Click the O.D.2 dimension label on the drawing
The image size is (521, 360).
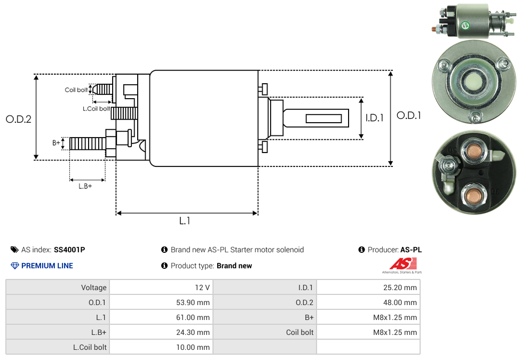[x=19, y=119]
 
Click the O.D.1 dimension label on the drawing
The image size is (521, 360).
[x=408, y=115]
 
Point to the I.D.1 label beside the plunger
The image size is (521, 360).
[x=374, y=118]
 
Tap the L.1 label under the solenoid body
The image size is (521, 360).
[x=185, y=220]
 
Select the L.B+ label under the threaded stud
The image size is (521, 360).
[x=85, y=186]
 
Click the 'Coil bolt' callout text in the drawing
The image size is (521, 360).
[x=76, y=90]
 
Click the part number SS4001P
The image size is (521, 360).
[x=69, y=250]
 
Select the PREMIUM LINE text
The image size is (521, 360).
[x=47, y=266]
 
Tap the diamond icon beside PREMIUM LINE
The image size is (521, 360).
[x=15, y=266]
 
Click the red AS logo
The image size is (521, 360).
[x=403, y=263]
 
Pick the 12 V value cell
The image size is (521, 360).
[x=202, y=287]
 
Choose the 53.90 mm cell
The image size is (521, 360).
[x=193, y=302]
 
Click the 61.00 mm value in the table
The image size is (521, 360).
[x=193, y=317]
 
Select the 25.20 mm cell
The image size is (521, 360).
[x=400, y=287]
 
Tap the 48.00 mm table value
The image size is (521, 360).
[x=400, y=302]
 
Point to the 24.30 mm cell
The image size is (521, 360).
[x=193, y=332]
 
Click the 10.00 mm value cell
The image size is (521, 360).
[x=193, y=347]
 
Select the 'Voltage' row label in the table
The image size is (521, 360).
[x=94, y=287]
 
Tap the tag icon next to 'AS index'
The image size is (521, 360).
[x=14, y=250]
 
